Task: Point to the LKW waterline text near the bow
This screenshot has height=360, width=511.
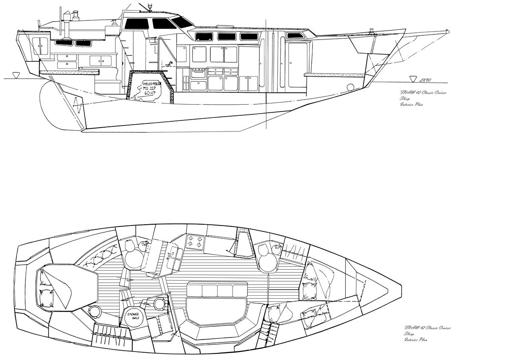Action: pos(425,80)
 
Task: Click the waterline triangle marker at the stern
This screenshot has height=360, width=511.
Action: pos(16,75)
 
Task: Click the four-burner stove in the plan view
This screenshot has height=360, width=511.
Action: pos(195,242)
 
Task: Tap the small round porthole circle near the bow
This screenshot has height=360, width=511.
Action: pos(350,88)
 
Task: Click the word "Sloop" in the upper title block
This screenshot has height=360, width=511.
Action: pos(405,98)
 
